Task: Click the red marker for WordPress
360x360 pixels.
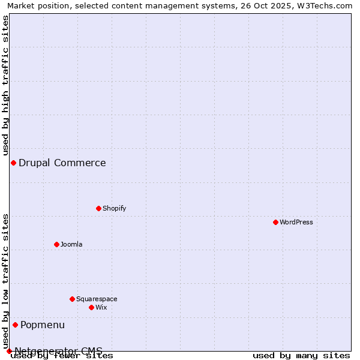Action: pyautogui.click(x=275, y=222)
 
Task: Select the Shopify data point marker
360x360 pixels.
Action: pyautogui.click(x=98, y=208)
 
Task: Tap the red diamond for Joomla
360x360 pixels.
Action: pyautogui.click(x=56, y=244)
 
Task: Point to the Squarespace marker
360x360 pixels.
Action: pyautogui.click(x=72, y=299)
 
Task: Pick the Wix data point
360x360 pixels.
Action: pyautogui.click(x=91, y=307)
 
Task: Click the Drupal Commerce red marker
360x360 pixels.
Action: pyautogui.click(x=13, y=163)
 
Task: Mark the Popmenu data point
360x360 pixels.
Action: pyautogui.click(x=15, y=325)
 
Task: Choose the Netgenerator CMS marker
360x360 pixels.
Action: pyautogui.click(x=9, y=351)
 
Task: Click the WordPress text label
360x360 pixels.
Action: pyautogui.click(x=296, y=222)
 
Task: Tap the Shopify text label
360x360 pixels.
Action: pyautogui.click(x=115, y=208)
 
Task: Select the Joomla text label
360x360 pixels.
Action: pyautogui.click(x=71, y=244)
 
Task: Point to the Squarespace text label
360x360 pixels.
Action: pyautogui.click(x=97, y=299)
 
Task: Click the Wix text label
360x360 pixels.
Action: pyautogui.click(x=101, y=307)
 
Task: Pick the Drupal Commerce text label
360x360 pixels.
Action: pyautogui.click(x=62, y=163)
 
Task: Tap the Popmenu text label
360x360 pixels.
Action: pyautogui.click(x=43, y=325)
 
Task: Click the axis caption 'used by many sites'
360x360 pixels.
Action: pyautogui.click(x=301, y=355)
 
